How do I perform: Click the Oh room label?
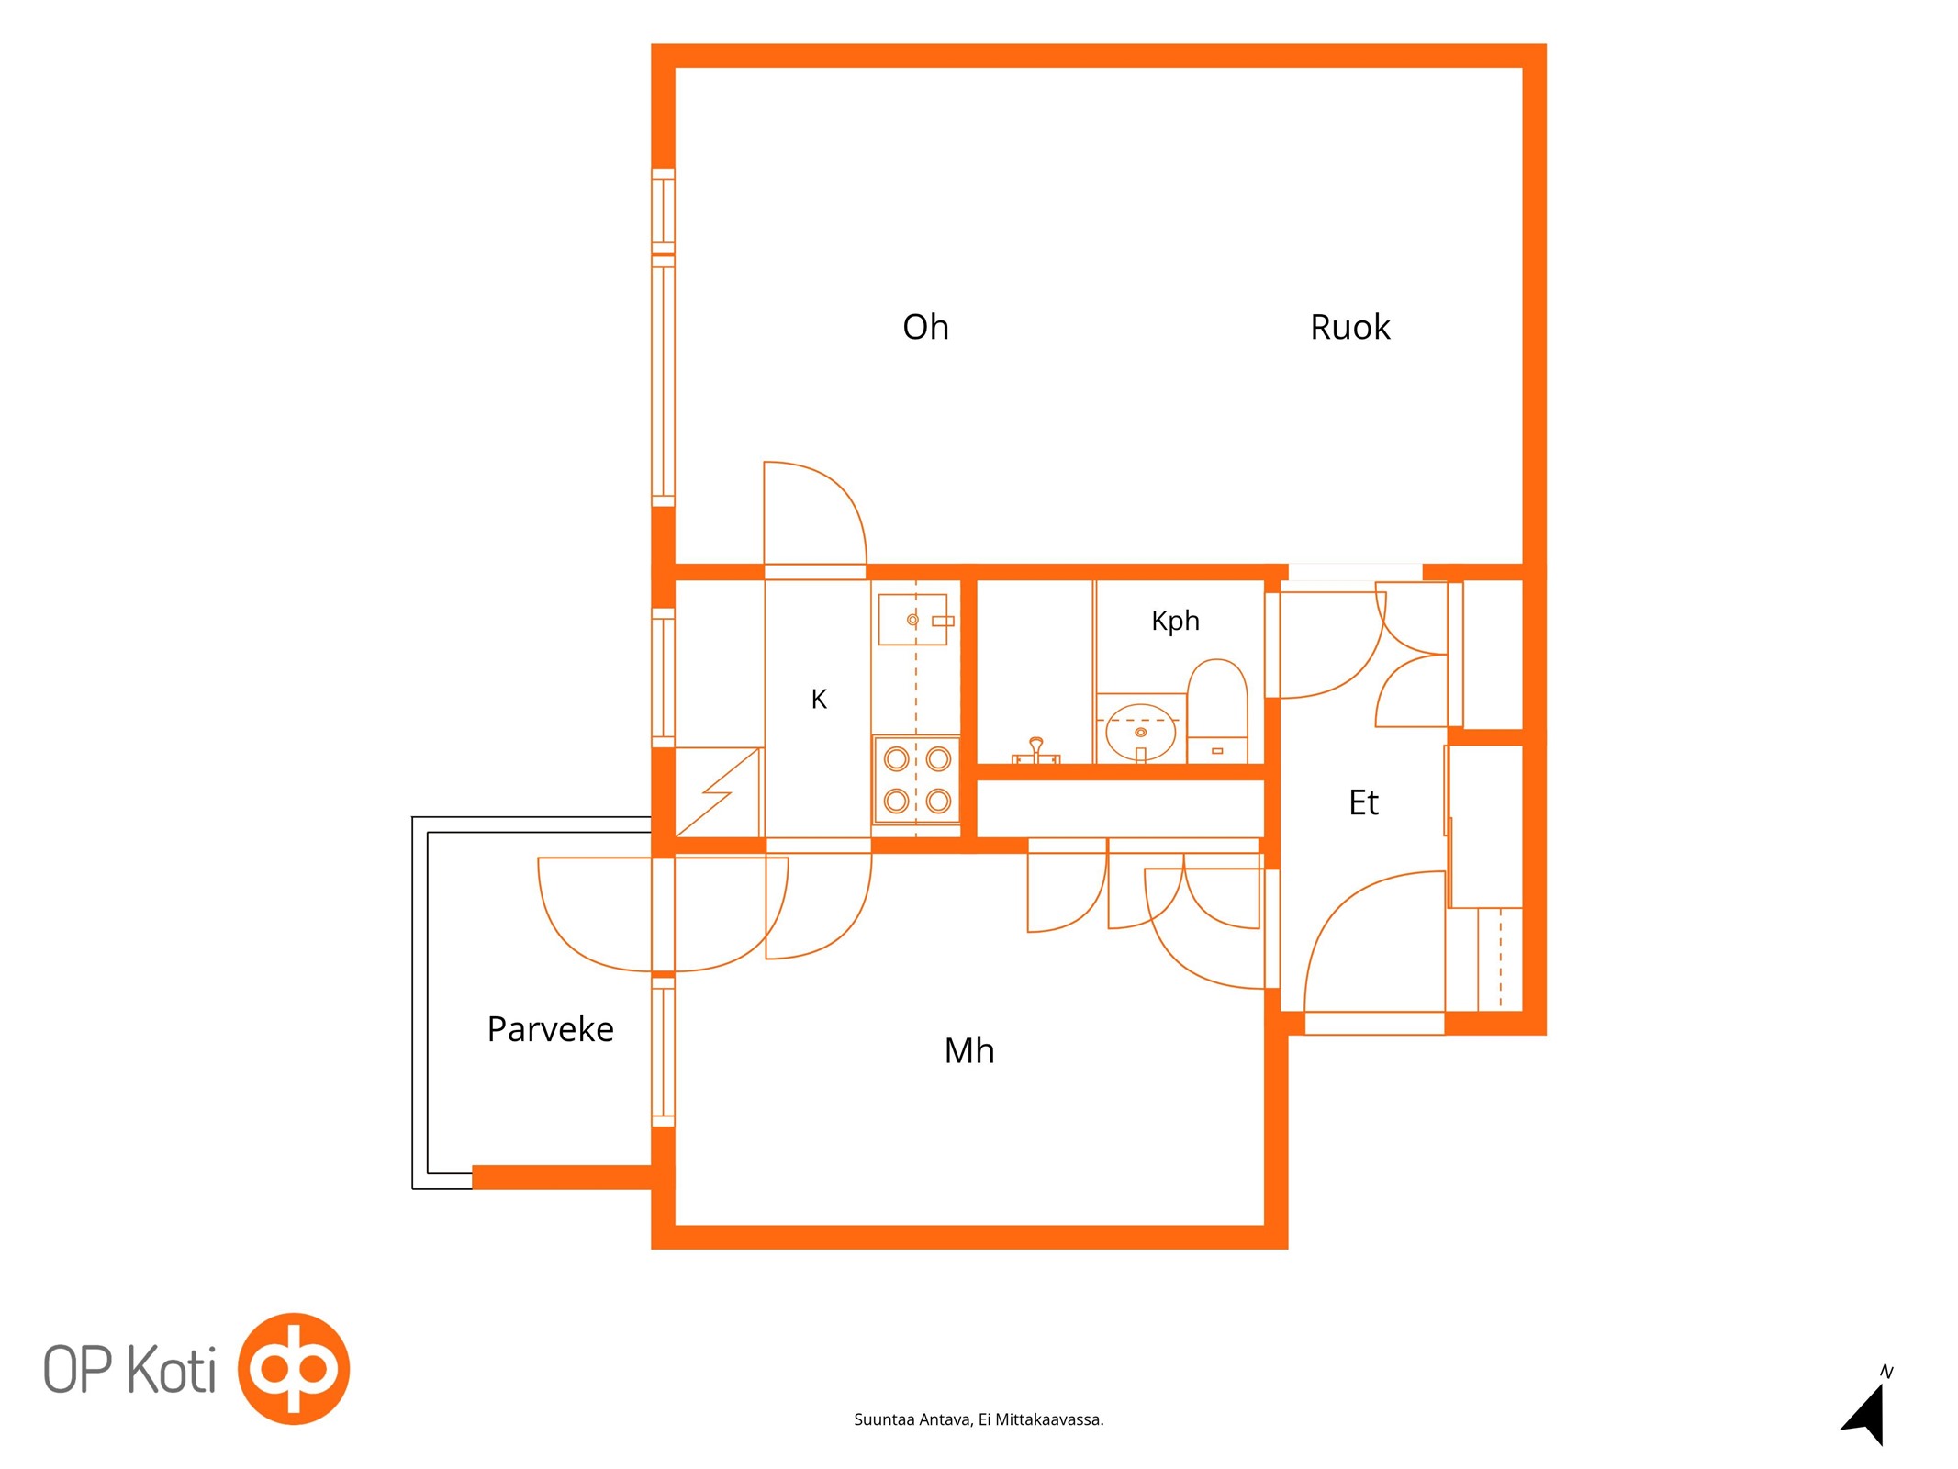tap(925, 327)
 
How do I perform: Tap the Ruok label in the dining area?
tap(1349, 327)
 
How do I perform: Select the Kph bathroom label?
tap(1175, 622)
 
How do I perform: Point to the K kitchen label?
tap(819, 700)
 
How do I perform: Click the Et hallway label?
tap(1363, 802)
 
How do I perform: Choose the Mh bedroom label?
tap(969, 1050)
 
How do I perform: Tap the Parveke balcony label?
tap(550, 1029)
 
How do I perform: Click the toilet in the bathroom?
tap(1217, 711)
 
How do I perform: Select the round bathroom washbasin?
tap(1141, 732)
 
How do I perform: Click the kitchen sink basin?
tap(912, 620)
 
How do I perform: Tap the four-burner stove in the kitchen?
tap(917, 779)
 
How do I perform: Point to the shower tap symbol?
tap(1036, 751)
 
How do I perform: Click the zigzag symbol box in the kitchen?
tap(718, 791)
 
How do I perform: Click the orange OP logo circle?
tap(294, 1369)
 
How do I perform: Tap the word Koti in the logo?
tap(171, 1369)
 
